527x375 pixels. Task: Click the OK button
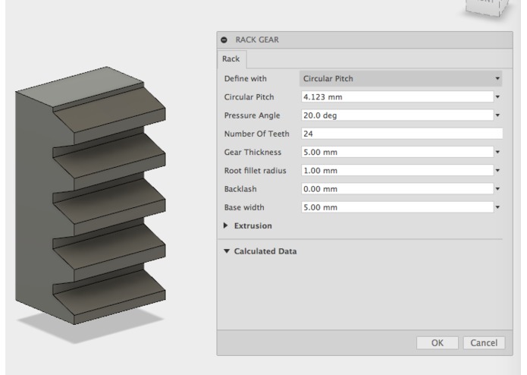438,342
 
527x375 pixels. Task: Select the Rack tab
231,57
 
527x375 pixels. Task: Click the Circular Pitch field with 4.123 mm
394,96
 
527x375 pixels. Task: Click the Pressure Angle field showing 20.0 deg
394,115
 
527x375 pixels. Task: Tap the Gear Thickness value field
394,152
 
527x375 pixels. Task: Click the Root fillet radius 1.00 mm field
394,170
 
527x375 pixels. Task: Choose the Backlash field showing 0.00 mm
394,188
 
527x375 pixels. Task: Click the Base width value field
394,206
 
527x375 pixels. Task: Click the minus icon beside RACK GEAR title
224,40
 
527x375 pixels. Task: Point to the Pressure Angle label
252,115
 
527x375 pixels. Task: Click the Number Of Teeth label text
256,133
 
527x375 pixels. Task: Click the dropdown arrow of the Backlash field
498,188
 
